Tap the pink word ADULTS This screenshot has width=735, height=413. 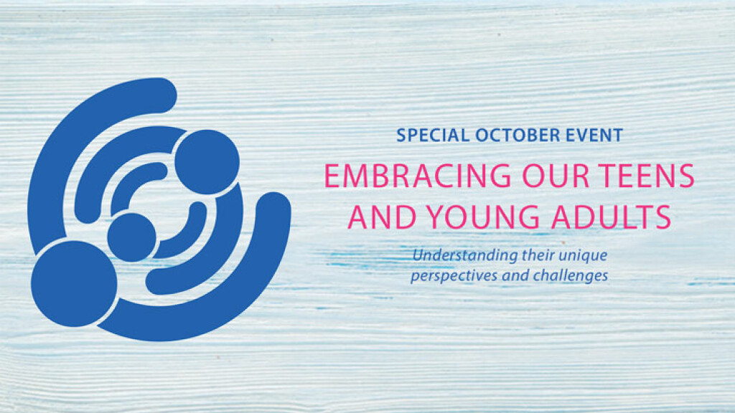[x=612, y=217]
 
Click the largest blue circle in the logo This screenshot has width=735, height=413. [x=74, y=284]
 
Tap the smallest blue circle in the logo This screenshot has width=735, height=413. [x=132, y=237]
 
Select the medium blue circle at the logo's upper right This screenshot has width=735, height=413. [x=207, y=162]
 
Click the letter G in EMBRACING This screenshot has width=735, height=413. [x=497, y=176]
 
